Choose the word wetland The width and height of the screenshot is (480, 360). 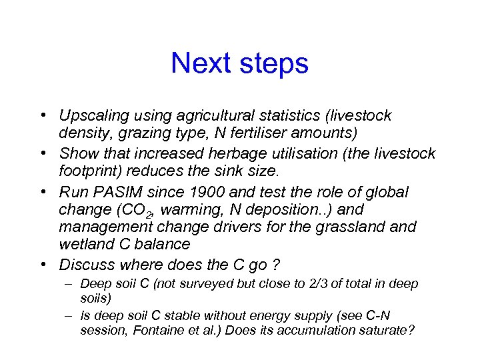(85, 245)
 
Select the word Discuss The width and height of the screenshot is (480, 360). (85, 264)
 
